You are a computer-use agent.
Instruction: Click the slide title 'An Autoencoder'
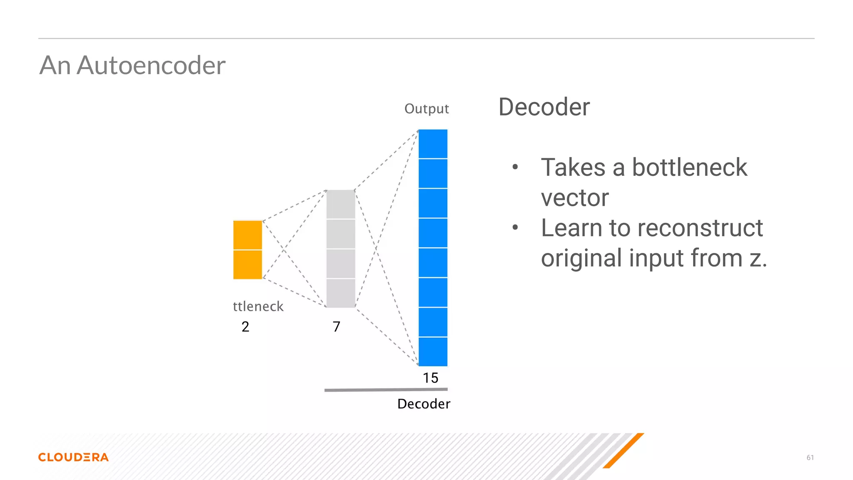[132, 65]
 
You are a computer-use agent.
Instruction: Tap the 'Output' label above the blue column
[426, 109]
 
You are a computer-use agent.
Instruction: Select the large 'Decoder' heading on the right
[544, 107]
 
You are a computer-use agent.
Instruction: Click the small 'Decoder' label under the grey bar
[424, 404]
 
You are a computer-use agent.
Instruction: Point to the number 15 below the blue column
[430, 378]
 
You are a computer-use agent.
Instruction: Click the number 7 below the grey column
[337, 327]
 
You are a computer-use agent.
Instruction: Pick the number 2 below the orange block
[245, 327]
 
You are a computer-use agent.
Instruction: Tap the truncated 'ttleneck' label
[258, 307]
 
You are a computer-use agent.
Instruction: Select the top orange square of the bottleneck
[247, 235]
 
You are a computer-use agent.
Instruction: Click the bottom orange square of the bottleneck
[247, 265]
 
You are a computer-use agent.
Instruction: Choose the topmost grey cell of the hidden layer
[341, 204]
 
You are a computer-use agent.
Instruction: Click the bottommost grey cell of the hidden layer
[341, 293]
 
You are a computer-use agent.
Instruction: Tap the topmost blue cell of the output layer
[433, 144]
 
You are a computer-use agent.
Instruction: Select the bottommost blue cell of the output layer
[433, 352]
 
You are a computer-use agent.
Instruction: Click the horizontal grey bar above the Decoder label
[386, 390]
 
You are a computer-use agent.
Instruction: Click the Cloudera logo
[73, 457]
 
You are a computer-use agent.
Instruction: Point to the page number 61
[810, 457]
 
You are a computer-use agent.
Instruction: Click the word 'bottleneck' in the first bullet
[689, 167]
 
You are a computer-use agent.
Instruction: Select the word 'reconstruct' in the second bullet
[700, 228]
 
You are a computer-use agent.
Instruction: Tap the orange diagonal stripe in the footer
[624, 450]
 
